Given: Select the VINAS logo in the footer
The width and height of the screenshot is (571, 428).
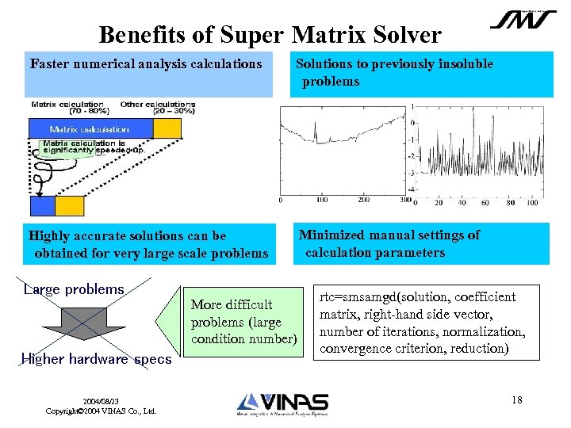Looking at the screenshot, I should click(x=282, y=403).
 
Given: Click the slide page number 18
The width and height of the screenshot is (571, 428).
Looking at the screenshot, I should click(x=517, y=399).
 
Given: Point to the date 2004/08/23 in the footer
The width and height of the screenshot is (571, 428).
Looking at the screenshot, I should click(x=101, y=401).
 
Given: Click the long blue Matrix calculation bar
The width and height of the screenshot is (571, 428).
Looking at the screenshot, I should click(x=90, y=129).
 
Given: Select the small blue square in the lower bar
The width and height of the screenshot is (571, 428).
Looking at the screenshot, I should click(x=42, y=206).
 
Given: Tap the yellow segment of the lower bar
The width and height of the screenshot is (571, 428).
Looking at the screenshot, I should click(x=69, y=206).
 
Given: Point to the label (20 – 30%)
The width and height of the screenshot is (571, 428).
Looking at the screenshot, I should click(x=174, y=112).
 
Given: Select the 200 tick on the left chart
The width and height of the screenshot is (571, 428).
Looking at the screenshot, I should click(x=363, y=201).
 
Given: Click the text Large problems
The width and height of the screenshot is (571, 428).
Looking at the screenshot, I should click(x=74, y=289).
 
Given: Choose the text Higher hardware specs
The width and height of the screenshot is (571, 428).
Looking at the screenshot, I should click(x=96, y=359).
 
